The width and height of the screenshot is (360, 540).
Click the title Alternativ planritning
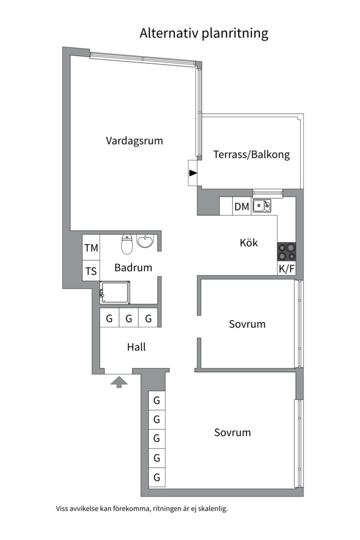204,34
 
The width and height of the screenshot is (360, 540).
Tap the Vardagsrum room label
134,141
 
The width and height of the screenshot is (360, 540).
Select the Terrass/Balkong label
251,154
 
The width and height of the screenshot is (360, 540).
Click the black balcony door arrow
193,173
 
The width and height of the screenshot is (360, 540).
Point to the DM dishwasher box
242,206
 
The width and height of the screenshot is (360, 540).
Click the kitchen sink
262,205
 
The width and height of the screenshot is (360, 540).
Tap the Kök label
248,243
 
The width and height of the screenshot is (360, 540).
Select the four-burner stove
286,251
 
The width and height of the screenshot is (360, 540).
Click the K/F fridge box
286,268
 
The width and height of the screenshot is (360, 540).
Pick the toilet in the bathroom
127,244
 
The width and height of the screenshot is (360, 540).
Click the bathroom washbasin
146,241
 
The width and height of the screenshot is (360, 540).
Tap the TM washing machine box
91,248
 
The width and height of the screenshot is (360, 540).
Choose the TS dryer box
91,271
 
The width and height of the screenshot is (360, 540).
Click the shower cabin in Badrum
115,292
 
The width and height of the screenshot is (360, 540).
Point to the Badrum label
133,267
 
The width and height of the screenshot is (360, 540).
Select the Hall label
136,347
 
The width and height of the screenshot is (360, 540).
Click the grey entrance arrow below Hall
119,382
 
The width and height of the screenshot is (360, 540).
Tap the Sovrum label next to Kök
247,324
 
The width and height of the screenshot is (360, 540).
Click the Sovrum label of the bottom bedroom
232,432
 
